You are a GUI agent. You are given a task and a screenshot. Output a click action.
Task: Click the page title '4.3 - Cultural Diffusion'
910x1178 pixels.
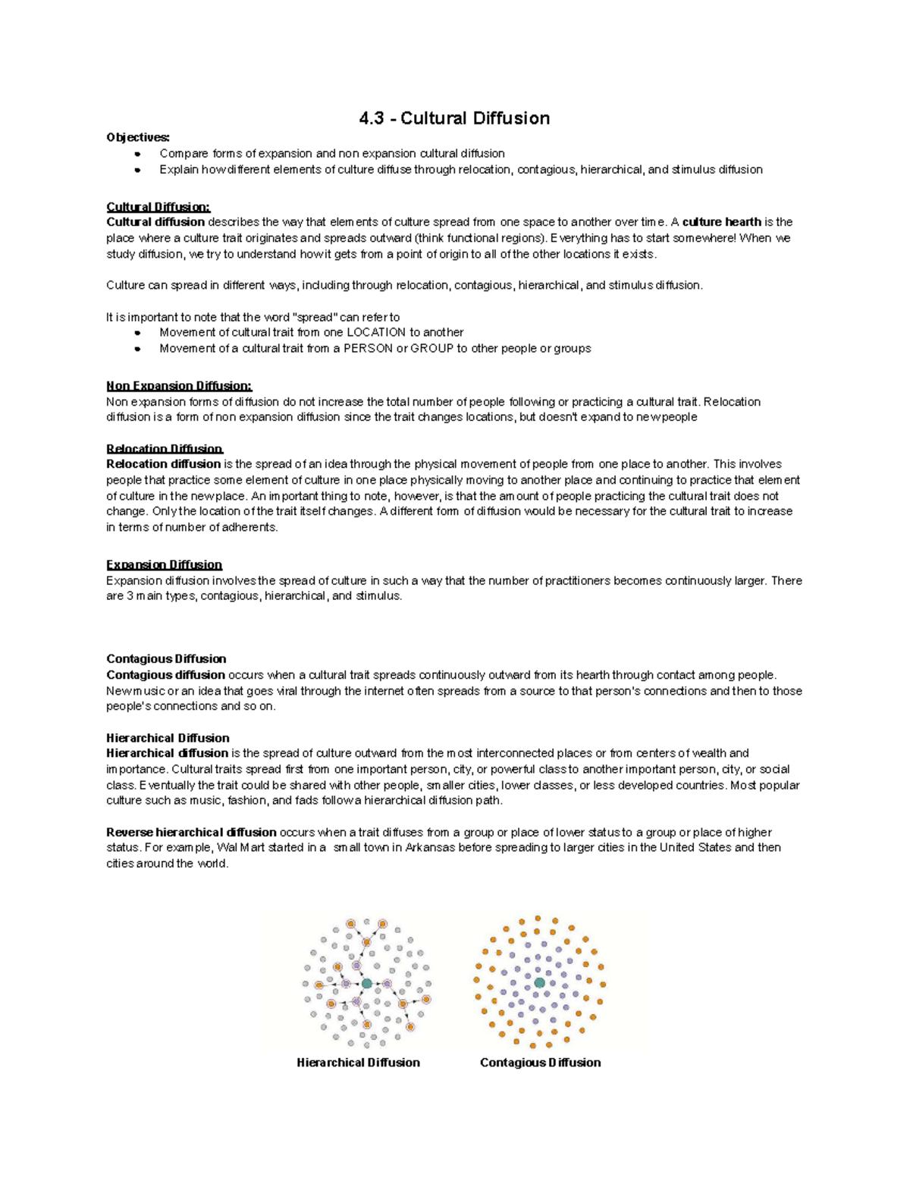[454, 118]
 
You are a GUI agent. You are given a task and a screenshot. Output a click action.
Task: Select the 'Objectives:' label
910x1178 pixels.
[138, 137]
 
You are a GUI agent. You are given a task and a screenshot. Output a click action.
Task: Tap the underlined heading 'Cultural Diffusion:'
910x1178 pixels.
[158, 207]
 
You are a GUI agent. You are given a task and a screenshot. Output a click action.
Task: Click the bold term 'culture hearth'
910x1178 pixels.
[721, 222]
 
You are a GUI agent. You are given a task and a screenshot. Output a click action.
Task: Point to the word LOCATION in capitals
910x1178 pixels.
[376, 332]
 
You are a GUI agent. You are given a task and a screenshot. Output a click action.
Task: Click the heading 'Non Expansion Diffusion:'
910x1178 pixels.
[179, 386]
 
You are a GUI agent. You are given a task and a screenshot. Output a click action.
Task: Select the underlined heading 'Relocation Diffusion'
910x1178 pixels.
[165, 448]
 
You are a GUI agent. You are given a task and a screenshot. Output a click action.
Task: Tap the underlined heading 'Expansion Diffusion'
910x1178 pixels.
[164, 564]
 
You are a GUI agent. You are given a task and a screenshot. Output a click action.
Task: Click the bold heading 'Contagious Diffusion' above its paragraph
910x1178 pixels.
[166, 658]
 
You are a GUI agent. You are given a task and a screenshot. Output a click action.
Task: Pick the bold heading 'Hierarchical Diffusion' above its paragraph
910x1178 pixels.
[168, 737]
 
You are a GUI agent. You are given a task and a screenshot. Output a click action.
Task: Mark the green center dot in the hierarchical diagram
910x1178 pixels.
[367, 983]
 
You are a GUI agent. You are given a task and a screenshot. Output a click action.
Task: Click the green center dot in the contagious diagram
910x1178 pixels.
[539, 982]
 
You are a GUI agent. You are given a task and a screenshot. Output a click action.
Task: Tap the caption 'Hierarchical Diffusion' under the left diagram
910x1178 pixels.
[358, 1063]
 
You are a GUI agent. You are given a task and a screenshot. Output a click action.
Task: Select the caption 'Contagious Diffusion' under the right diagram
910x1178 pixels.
[540, 1063]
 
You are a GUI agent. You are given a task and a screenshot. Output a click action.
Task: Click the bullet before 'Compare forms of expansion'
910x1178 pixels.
[137, 154]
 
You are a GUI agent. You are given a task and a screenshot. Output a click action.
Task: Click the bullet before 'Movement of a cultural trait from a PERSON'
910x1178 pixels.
[137, 349]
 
